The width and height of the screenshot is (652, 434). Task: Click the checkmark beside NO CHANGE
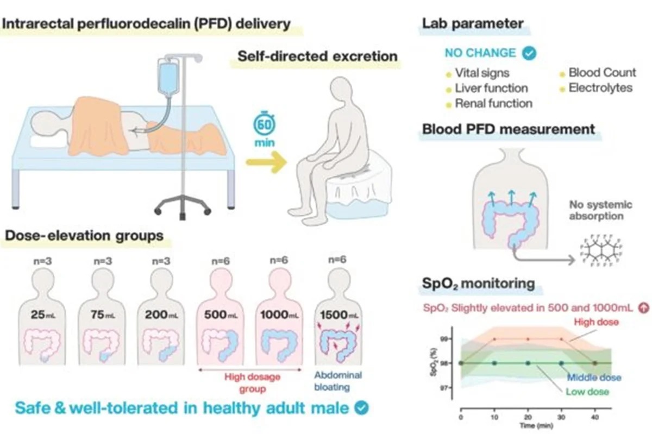(528, 53)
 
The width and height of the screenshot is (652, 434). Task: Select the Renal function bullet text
(493, 103)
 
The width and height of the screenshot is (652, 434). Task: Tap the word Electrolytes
(600, 87)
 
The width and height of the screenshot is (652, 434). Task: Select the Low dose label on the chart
(587, 392)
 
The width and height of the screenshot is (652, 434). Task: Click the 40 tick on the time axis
(594, 417)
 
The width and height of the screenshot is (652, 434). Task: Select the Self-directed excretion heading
(317, 56)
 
